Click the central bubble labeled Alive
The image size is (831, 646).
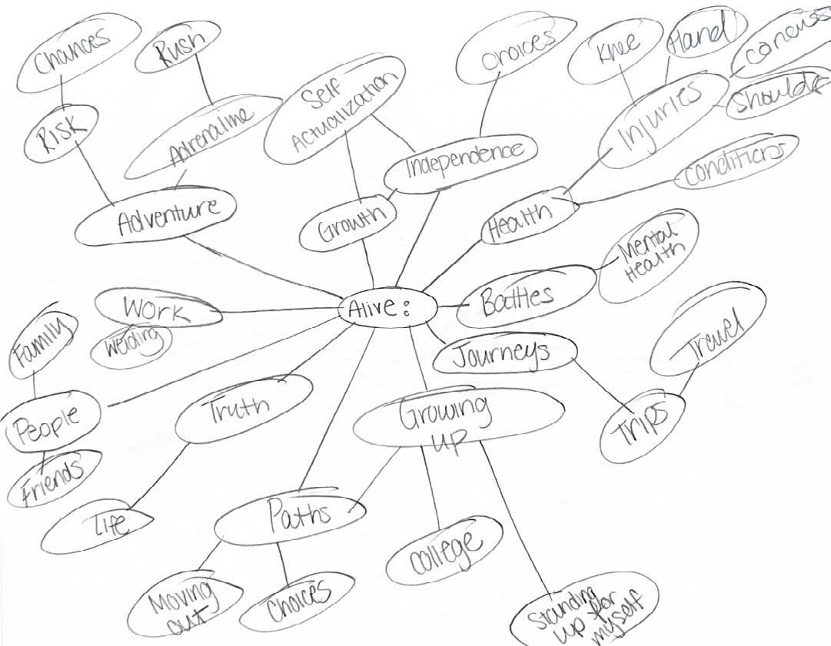tap(387, 309)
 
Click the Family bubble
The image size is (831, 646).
tap(40, 346)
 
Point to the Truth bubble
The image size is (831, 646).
tap(243, 407)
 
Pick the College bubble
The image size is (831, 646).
tap(444, 549)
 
